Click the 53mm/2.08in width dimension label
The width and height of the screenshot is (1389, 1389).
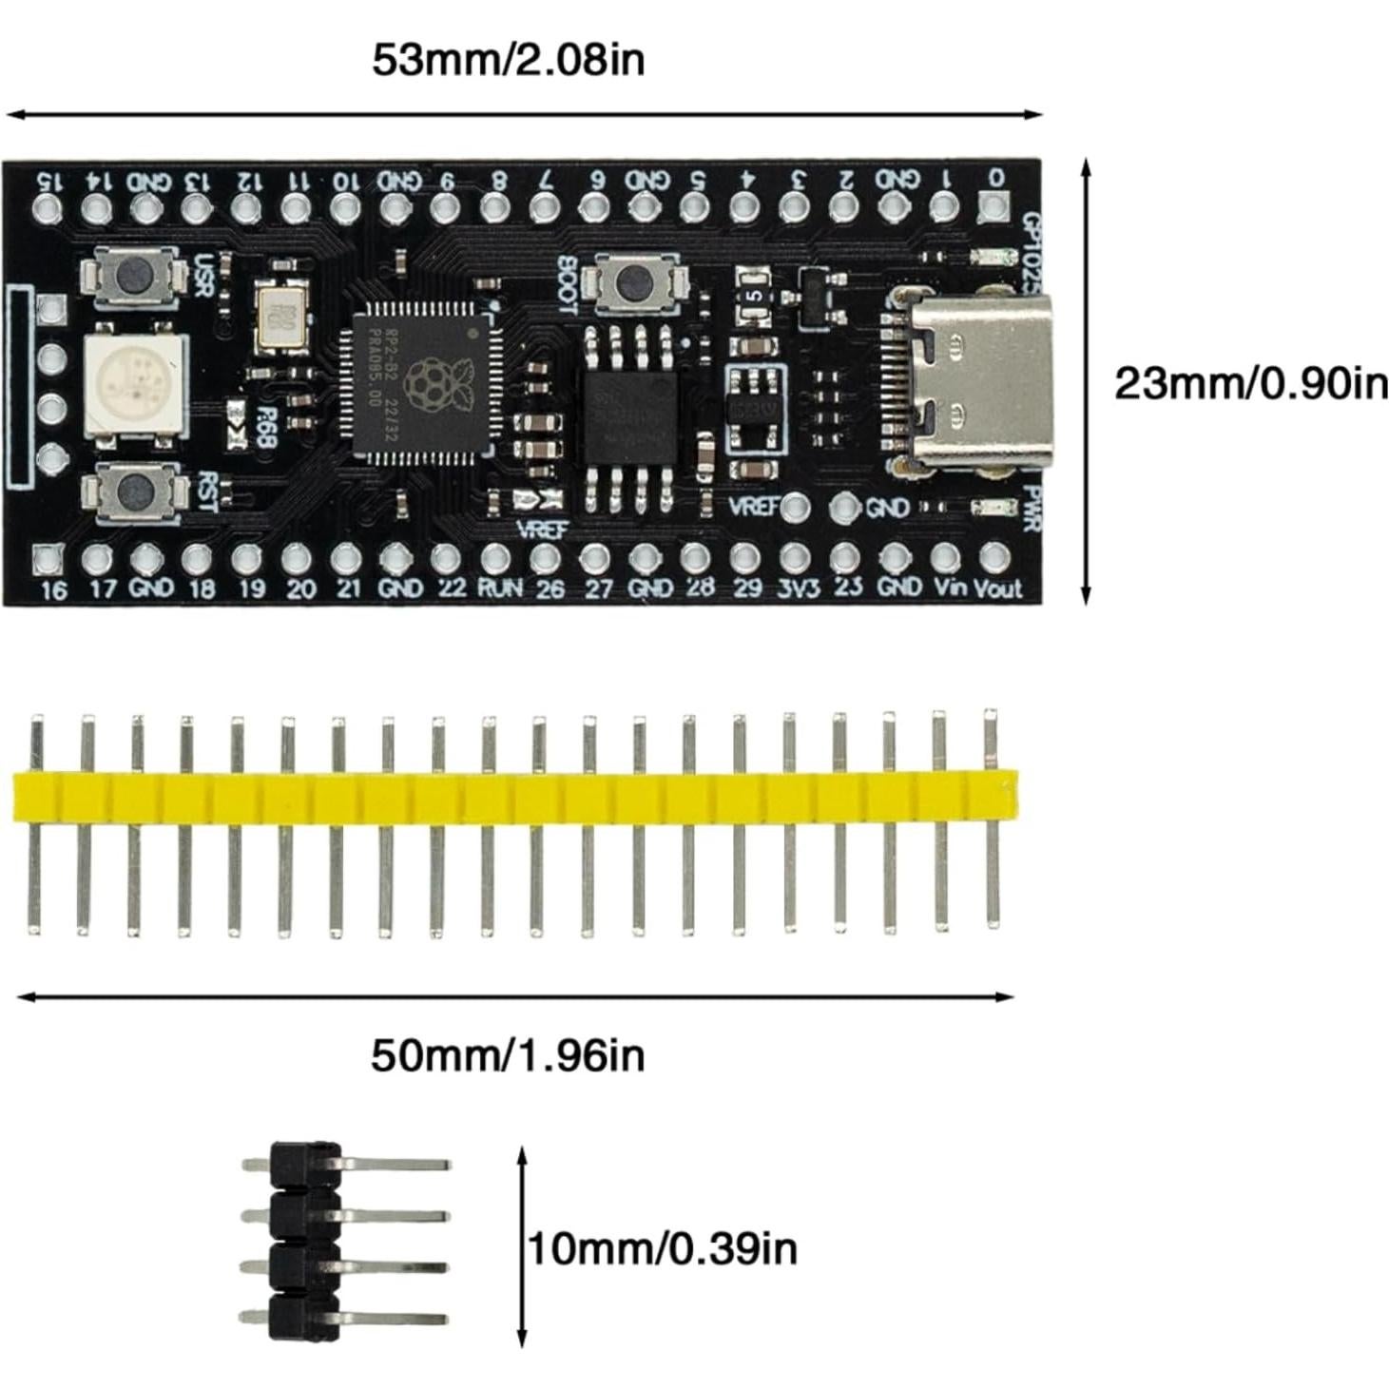click(x=508, y=59)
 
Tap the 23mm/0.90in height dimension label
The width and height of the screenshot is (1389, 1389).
click(x=1250, y=384)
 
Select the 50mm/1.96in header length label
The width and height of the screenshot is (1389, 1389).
click(x=508, y=1055)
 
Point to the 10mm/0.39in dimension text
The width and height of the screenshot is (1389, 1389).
click(x=663, y=1248)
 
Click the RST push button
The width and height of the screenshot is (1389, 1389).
click(x=133, y=492)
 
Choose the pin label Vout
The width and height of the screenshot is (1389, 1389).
click(x=997, y=589)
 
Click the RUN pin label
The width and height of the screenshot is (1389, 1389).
click(x=499, y=588)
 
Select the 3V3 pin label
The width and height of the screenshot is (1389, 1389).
click(x=797, y=588)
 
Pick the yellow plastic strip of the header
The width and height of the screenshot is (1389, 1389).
click(x=513, y=798)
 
